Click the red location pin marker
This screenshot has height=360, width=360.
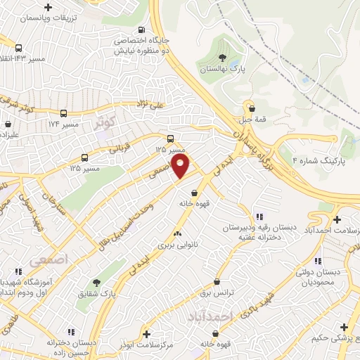pyautogui.click(x=181, y=167)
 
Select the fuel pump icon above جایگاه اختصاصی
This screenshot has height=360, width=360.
pyautogui.click(x=143, y=30)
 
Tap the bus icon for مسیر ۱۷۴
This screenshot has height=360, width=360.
pyautogui.click(x=65, y=112)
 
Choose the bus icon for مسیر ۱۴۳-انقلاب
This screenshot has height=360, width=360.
pyautogui.click(x=18, y=48)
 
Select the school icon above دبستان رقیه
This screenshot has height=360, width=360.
pyautogui.click(x=259, y=217)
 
